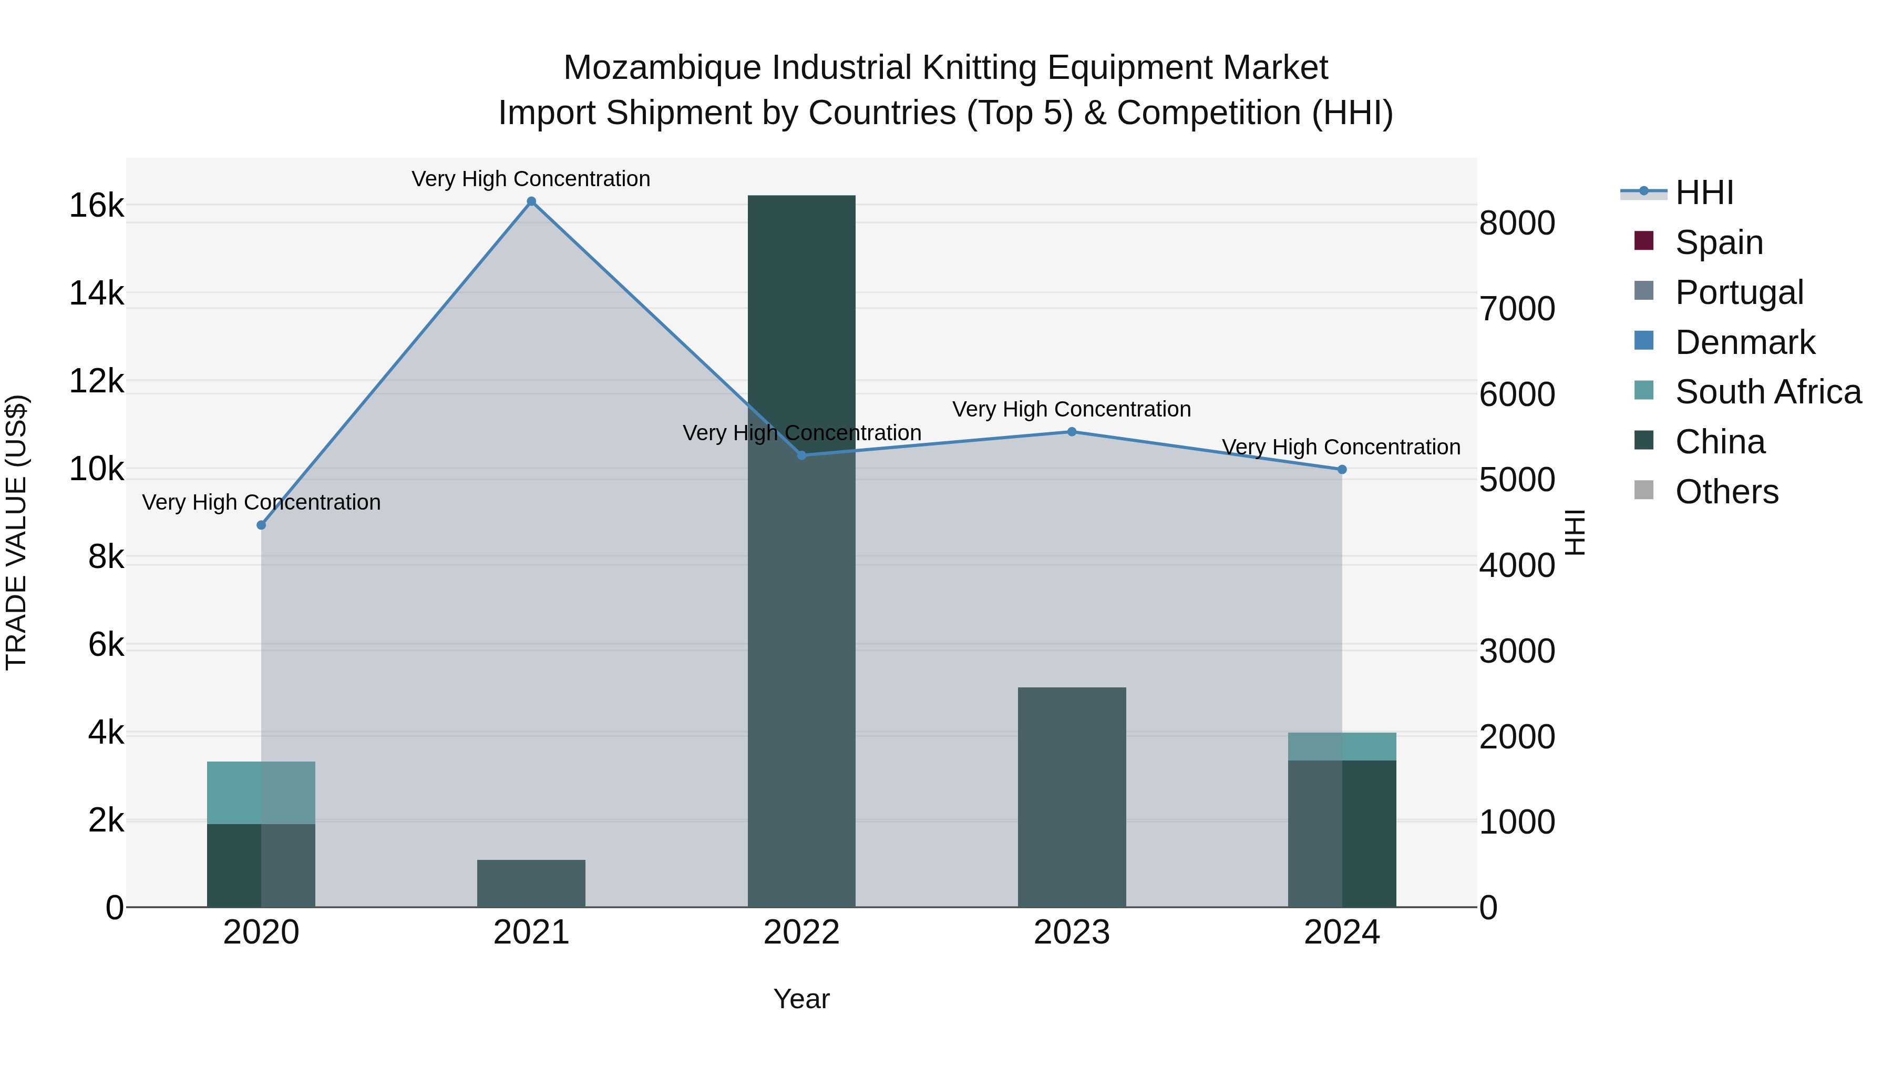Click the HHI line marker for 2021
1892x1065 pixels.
click(531, 201)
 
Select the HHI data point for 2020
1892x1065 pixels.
click(262, 525)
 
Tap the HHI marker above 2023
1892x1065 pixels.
click(1072, 431)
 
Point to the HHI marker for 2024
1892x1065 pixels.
click(1342, 469)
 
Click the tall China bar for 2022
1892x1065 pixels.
click(801, 551)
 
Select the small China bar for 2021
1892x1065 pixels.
click(531, 884)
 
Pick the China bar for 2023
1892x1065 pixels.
click(1072, 797)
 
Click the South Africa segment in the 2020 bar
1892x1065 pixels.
click(261, 793)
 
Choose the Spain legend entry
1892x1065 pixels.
click(1719, 242)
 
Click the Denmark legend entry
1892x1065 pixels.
click(1744, 342)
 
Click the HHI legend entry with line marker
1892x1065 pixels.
click(1704, 192)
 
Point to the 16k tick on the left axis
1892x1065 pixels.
click(96, 206)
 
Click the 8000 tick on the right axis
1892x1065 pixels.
click(1517, 224)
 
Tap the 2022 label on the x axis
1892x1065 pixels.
click(801, 932)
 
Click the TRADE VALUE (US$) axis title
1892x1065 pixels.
click(16, 532)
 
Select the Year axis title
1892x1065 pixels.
click(801, 999)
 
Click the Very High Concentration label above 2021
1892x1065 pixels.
click(531, 179)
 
